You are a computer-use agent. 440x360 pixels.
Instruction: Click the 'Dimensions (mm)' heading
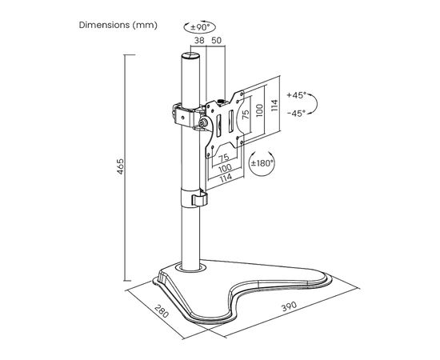[x=118, y=25]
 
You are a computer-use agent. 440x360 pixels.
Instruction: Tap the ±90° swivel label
[x=200, y=27]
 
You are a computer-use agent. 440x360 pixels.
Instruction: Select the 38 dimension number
[x=199, y=41]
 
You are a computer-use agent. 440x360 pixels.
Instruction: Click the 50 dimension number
[x=216, y=41]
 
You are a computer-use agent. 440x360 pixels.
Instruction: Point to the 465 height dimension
[x=120, y=166]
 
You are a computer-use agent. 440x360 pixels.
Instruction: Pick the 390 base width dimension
[x=289, y=306]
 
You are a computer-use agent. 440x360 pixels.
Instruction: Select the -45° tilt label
[x=296, y=114]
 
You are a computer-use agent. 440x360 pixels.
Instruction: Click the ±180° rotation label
[x=262, y=163]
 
